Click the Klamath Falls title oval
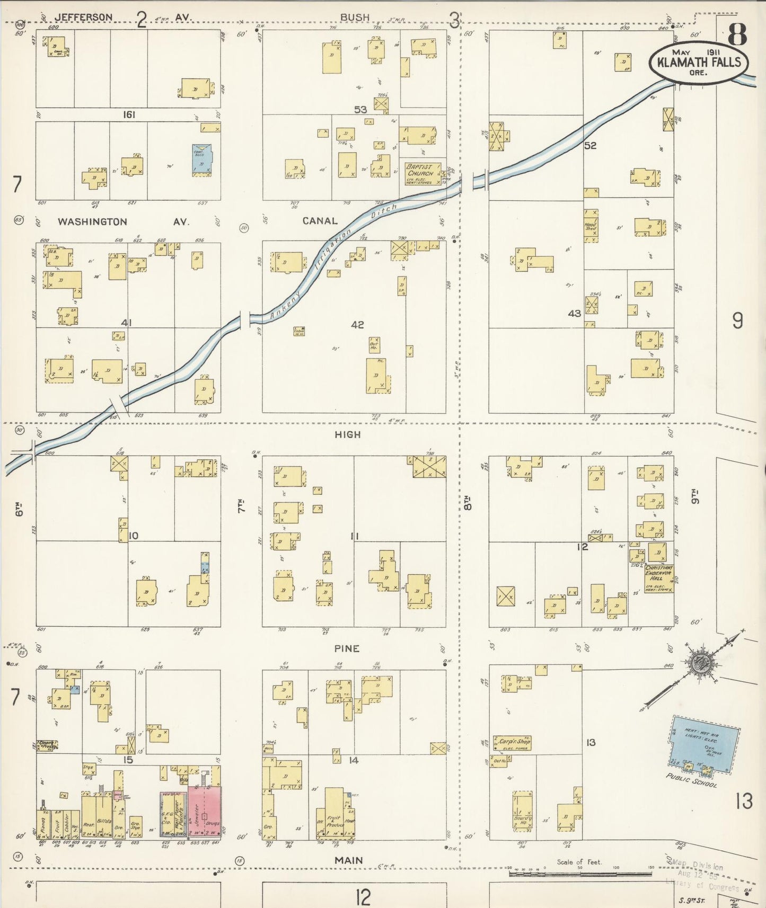pyautogui.click(x=698, y=63)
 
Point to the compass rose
pyautogui.click(x=703, y=662)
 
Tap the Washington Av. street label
pyautogui.click(x=92, y=221)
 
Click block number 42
pyautogui.click(x=357, y=324)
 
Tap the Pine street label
pyautogui.click(x=347, y=648)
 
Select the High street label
pyautogui.click(x=347, y=434)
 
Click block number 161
pyautogui.click(x=129, y=114)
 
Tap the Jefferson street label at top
pyautogui.click(x=84, y=17)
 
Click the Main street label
pyautogui.click(x=348, y=860)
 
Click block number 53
pyautogui.click(x=360, y=109)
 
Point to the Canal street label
pyautogui.click(x=320, y=221)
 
